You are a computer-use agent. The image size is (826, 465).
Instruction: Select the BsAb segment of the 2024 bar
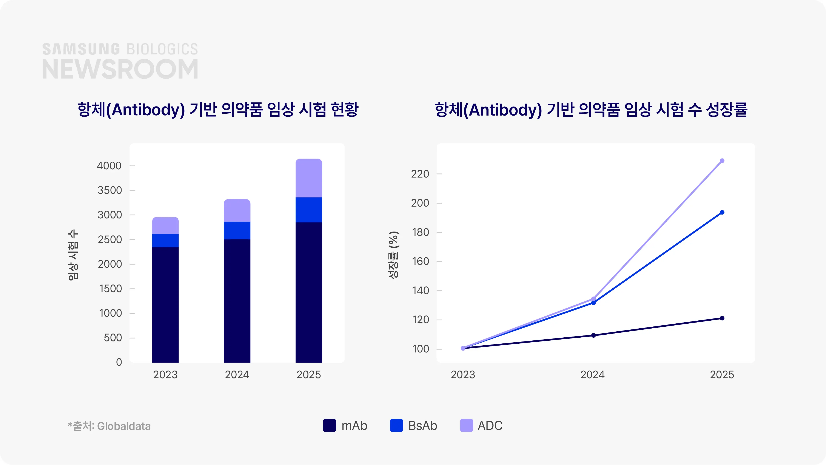coord(237,230)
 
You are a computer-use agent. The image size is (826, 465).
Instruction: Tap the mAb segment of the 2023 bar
coord(165,305)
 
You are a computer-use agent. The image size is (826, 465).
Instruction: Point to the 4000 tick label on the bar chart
coord(109,166)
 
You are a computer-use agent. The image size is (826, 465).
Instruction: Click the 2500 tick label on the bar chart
coord(110,239)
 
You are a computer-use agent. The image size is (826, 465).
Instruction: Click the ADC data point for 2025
coord(722,161)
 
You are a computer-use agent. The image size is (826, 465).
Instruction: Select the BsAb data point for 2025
coord(722,212)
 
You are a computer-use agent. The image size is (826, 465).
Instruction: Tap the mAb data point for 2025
coord(722,318)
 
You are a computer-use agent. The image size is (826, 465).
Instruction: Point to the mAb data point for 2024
coord(593,335)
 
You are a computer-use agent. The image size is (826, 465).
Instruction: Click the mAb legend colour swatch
coord(329,426)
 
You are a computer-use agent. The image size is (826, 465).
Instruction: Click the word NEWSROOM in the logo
coord(120,69)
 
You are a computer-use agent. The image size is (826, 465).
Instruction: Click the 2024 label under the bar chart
coord(237,375)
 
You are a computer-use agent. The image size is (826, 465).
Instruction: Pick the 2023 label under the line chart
coord(463,375)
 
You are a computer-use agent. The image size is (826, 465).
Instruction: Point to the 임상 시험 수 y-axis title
coord(73,255)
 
